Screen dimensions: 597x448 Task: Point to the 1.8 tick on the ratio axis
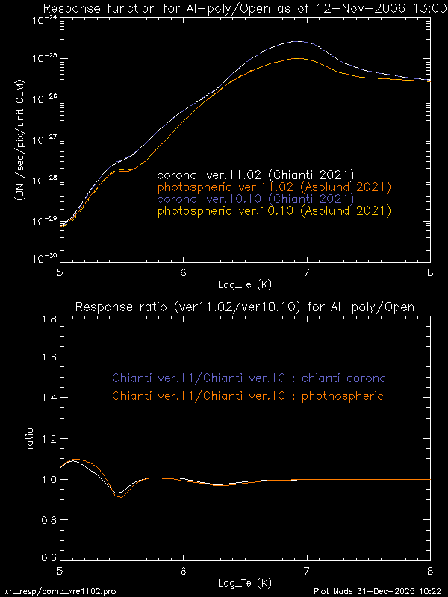(46, 319)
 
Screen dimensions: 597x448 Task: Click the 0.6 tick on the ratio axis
(46, 557)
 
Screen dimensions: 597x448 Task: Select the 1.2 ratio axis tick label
(46, 439)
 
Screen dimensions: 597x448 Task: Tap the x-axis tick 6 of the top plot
(183, 272)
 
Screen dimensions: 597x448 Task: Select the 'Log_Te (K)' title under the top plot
(244, 284)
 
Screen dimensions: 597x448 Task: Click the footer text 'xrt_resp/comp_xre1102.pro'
(60, 590)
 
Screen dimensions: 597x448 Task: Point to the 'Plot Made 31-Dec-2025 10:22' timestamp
(378, 590)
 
